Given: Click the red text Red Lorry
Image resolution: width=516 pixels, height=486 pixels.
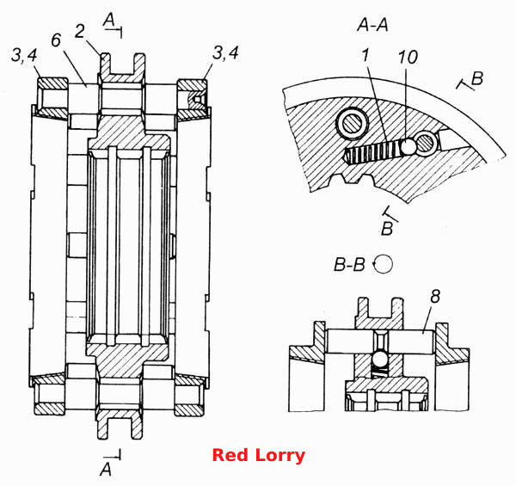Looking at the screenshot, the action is (x=259, y=455).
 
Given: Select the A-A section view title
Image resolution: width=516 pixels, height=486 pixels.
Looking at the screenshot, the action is (x=373, y=25).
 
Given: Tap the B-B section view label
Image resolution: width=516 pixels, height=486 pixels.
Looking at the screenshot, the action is (x=349, y=264).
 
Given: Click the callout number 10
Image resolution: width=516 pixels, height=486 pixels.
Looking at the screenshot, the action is (x=408, y=57).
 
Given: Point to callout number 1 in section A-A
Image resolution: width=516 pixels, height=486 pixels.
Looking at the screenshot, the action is (x=365, y=55).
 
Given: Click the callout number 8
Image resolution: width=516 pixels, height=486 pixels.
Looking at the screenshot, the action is (x=435, y=296).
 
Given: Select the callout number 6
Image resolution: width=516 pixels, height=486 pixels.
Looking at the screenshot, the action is (x=56, y=40).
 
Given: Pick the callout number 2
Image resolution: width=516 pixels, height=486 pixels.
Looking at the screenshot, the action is (x=79, y=32).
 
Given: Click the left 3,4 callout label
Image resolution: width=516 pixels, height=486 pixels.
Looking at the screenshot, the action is (x=24, y=55).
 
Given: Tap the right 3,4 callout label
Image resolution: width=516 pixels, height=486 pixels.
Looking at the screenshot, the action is (x=225, y=52).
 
